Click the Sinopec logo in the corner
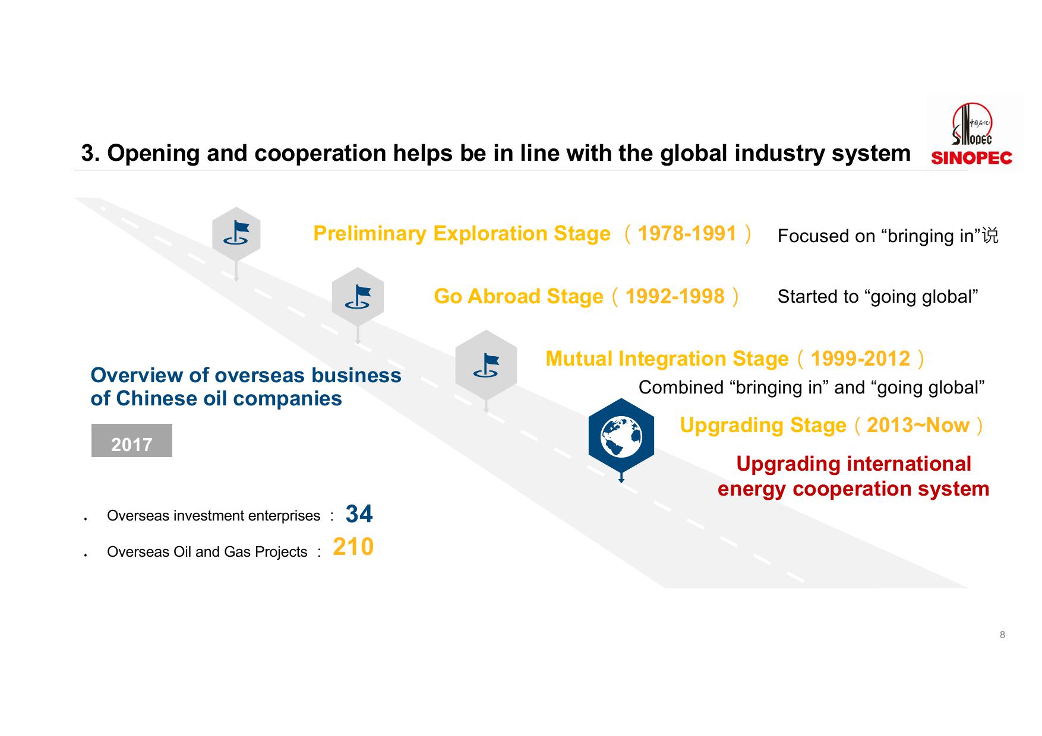pos(972,134)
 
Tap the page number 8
pos(1002,635)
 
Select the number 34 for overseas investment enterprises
pos(359,514)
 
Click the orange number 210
pos(353,547)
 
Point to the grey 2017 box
pos(132,440)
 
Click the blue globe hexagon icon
pos(621,436)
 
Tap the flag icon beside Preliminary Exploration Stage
pos(236,234)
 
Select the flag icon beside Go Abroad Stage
pos(358,297)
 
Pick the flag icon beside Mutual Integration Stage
pos(486,365)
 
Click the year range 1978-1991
pos(687,233)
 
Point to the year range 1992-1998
pos(675,296)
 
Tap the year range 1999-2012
pos(860,359)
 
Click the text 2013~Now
pos(918,425)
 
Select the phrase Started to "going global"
pos(878,296)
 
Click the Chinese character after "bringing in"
pos(990,236)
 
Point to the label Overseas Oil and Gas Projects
pos(207,552)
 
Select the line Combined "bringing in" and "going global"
pos(812,388)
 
